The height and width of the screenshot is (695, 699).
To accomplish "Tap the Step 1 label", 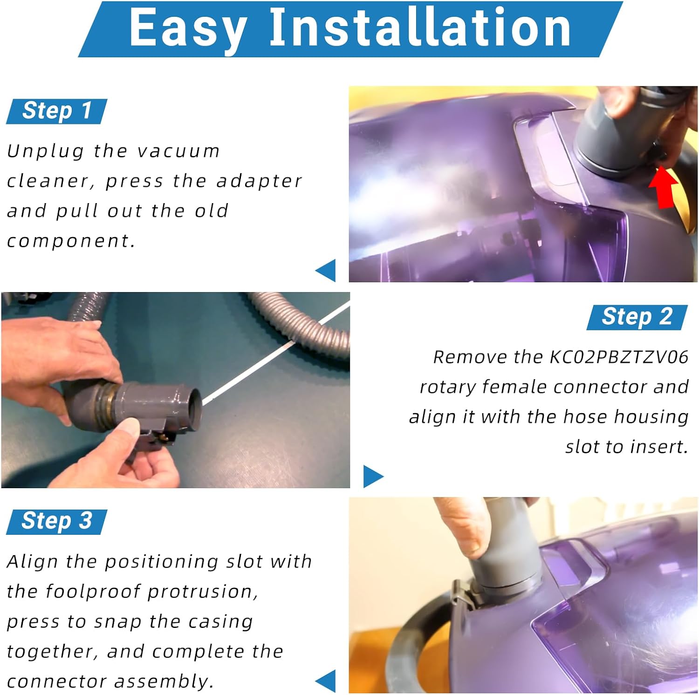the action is pos(57,111).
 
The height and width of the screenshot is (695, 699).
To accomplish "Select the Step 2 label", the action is pos(637,317).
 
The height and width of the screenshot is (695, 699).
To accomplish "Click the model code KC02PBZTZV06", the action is pos(619,357).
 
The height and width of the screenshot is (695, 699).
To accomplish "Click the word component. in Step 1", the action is pos(71,241).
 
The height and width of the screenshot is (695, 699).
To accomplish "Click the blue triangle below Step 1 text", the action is pos(326,270).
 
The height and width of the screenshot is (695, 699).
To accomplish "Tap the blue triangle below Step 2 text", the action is pos(373,476).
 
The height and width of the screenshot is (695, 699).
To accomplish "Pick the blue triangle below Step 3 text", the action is pos(326,681).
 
